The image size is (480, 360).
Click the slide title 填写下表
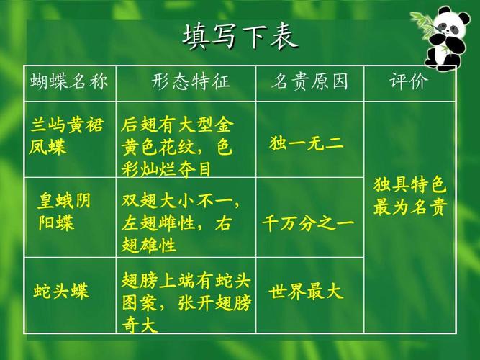point(240,37)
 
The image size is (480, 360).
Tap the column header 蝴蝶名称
point(69,82)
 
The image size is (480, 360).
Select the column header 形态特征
point(191,81)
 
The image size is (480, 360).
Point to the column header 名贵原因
point(309,81)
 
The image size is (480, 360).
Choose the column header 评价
point(409,81)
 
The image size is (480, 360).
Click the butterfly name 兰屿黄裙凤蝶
point(66,136)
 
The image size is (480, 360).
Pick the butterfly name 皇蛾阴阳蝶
point(64,212)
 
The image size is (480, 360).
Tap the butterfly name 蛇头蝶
point(61,291)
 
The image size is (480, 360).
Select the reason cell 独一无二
point(306,143)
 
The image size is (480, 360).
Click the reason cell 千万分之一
point(308,222)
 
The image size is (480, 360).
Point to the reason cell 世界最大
point(306,291)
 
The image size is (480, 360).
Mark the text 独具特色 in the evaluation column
point(410,185)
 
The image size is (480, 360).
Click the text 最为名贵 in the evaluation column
point(410,207)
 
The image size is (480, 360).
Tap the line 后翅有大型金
point(177,125)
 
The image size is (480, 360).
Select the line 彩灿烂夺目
point(166,169)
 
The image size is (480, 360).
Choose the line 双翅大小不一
point(181,202)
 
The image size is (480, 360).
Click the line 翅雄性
point(149,245)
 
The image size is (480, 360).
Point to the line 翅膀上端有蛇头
point(186,280)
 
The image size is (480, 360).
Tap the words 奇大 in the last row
point(140,325)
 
